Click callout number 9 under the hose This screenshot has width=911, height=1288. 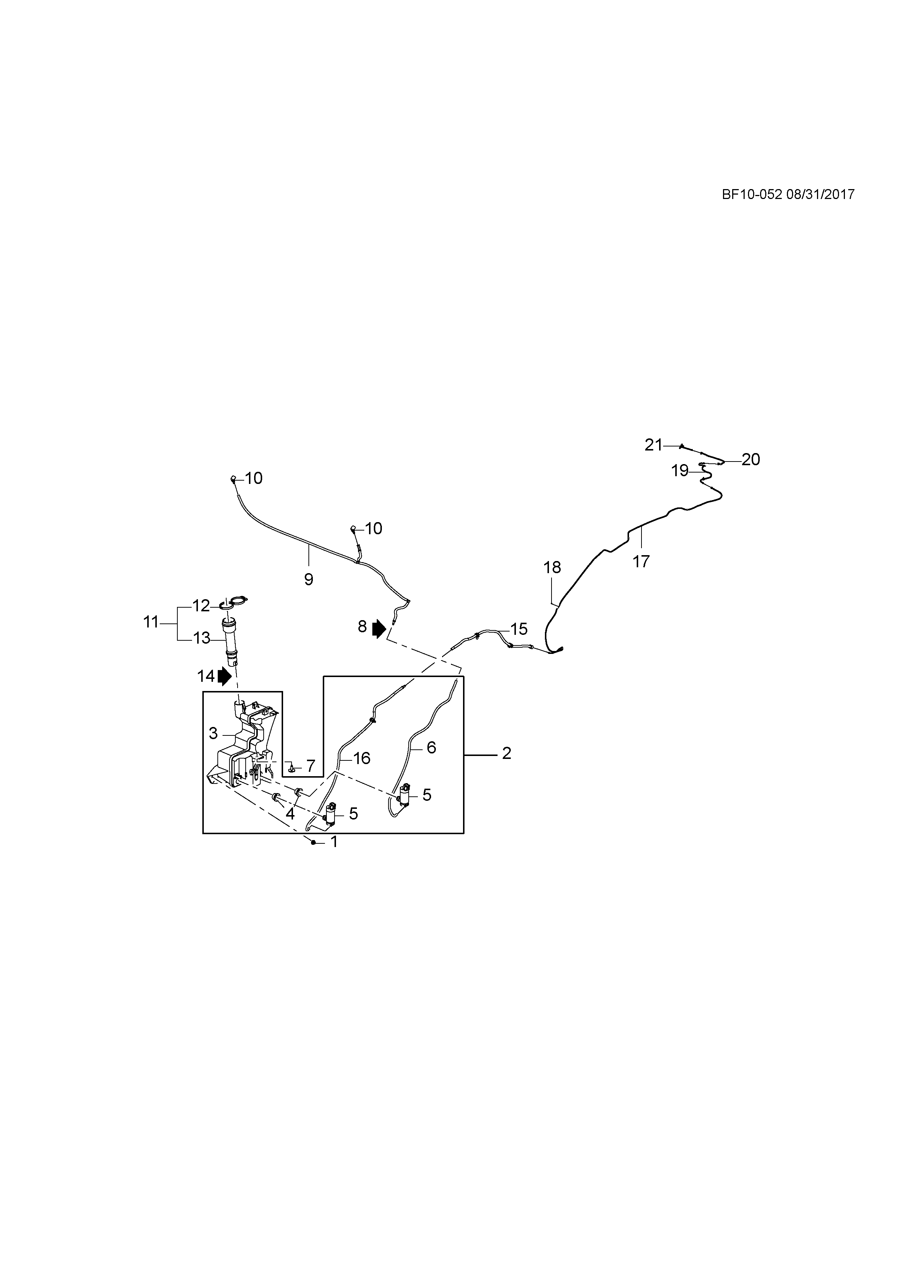pyautogui.click(x=308, y=579)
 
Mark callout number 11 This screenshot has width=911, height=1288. pyautogui.click(x=151, y=622)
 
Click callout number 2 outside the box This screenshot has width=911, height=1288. pyautogui.click(x=507, y=753)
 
